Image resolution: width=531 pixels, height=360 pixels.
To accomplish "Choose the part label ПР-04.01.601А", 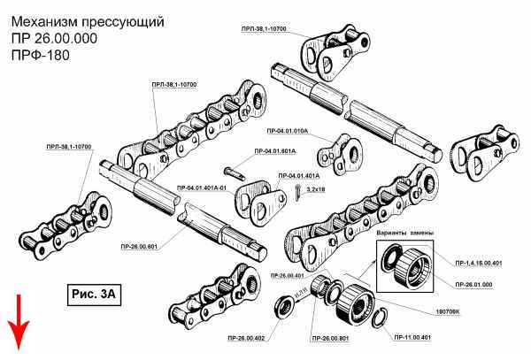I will tap(275, 152).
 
